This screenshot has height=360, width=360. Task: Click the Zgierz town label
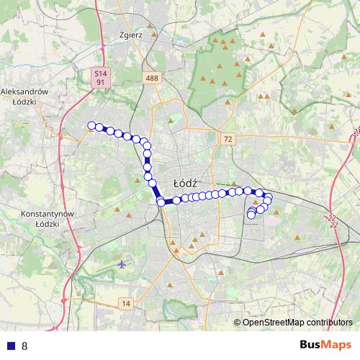[x=133, y=34]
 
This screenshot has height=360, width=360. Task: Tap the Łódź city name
[x=186, y=183]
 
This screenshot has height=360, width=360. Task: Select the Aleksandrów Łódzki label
[x=24, y=96]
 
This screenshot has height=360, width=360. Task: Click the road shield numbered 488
[x=151, y=78]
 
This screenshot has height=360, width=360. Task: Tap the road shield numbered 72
[x=228, y=138]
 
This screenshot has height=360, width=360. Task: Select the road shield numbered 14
[x=127, y=303]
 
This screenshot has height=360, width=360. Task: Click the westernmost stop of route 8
[x=91, y=126]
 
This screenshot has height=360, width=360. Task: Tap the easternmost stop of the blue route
[x=269, y=198]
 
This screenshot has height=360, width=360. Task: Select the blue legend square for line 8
[x=11, y=346]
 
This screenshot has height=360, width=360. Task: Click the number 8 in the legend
[x=24, y=346]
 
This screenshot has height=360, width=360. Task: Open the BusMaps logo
[x=325, y=345]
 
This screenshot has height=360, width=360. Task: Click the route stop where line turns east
[x=161, y=202]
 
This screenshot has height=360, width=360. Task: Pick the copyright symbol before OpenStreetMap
[x=238, y=322]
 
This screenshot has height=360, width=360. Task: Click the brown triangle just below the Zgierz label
[x=132, y=47]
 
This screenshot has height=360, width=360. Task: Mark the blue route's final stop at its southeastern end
[x=251, y=215]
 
